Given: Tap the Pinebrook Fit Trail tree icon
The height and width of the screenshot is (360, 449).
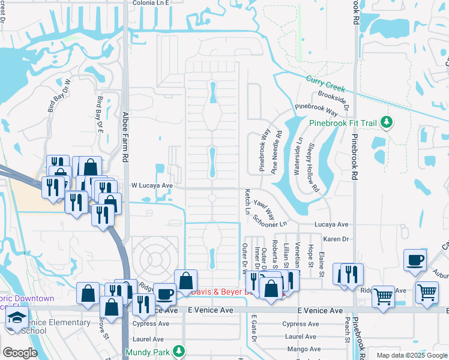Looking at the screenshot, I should [x=387, y=123].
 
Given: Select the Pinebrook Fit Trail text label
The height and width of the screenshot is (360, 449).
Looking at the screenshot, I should [x=343, y=124].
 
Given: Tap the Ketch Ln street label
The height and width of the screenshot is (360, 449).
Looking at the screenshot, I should [x=247, y=202].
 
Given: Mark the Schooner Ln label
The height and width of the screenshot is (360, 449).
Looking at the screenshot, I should [x=271, y=220].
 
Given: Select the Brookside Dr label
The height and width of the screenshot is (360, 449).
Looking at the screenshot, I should [x=333, y=99].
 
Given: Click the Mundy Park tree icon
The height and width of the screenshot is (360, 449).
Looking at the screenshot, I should [x=178, y=351].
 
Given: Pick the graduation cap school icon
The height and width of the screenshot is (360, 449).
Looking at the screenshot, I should [x=17, y=317].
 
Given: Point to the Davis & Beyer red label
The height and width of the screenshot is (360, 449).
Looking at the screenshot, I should [x=219, y=292].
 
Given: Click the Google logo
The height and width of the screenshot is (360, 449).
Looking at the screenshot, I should [x=20, y=353].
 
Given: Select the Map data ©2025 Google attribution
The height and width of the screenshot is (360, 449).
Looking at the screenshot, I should [x=411, y=355].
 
